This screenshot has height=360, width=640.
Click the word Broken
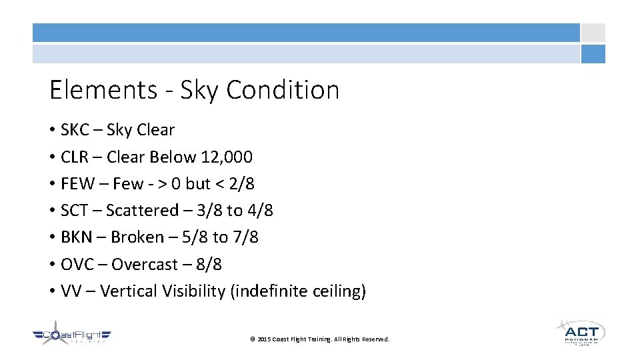(137, 237)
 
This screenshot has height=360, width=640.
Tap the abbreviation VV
(69, 291)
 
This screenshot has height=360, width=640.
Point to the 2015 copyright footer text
(319, 339)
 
